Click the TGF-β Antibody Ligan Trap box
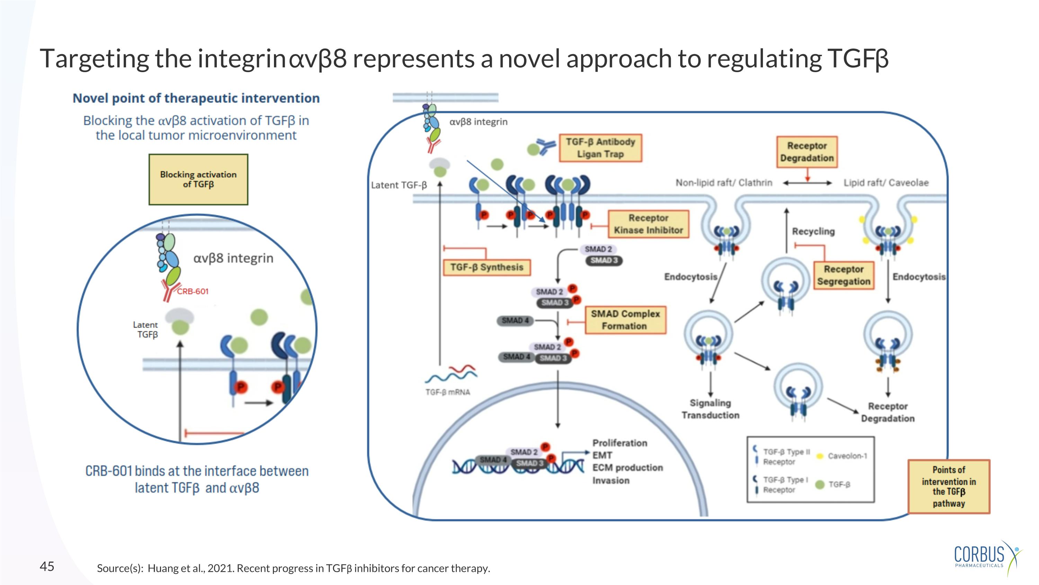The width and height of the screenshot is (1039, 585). tap(600, 148)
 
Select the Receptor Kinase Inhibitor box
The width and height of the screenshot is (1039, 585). tap(648, 224)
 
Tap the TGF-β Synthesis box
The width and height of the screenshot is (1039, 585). tap(487, 267)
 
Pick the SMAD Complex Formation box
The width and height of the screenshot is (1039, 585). tap(625, 320)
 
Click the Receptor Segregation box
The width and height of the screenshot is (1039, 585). tap(843, 275)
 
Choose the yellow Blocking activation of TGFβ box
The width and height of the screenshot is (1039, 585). tap(198, 179)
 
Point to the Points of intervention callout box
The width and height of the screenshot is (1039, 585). tap(949, 487)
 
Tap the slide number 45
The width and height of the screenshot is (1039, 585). tap(47, 566)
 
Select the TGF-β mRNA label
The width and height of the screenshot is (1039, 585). tap(447, 392)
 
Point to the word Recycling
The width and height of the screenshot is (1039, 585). tap(813, 231)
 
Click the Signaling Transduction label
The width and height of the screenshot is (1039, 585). tap(710, 409)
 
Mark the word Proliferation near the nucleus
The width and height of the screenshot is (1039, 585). tap(620, 443)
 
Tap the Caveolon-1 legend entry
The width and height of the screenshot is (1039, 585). tap(847, 456)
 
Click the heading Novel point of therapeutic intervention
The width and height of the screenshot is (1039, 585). tap(196, 98)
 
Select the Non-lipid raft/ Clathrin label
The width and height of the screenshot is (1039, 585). tap(723, 183)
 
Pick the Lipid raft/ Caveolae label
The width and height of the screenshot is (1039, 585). tap(886, 183)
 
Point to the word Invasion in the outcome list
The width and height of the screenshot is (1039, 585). tap(611, 480)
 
